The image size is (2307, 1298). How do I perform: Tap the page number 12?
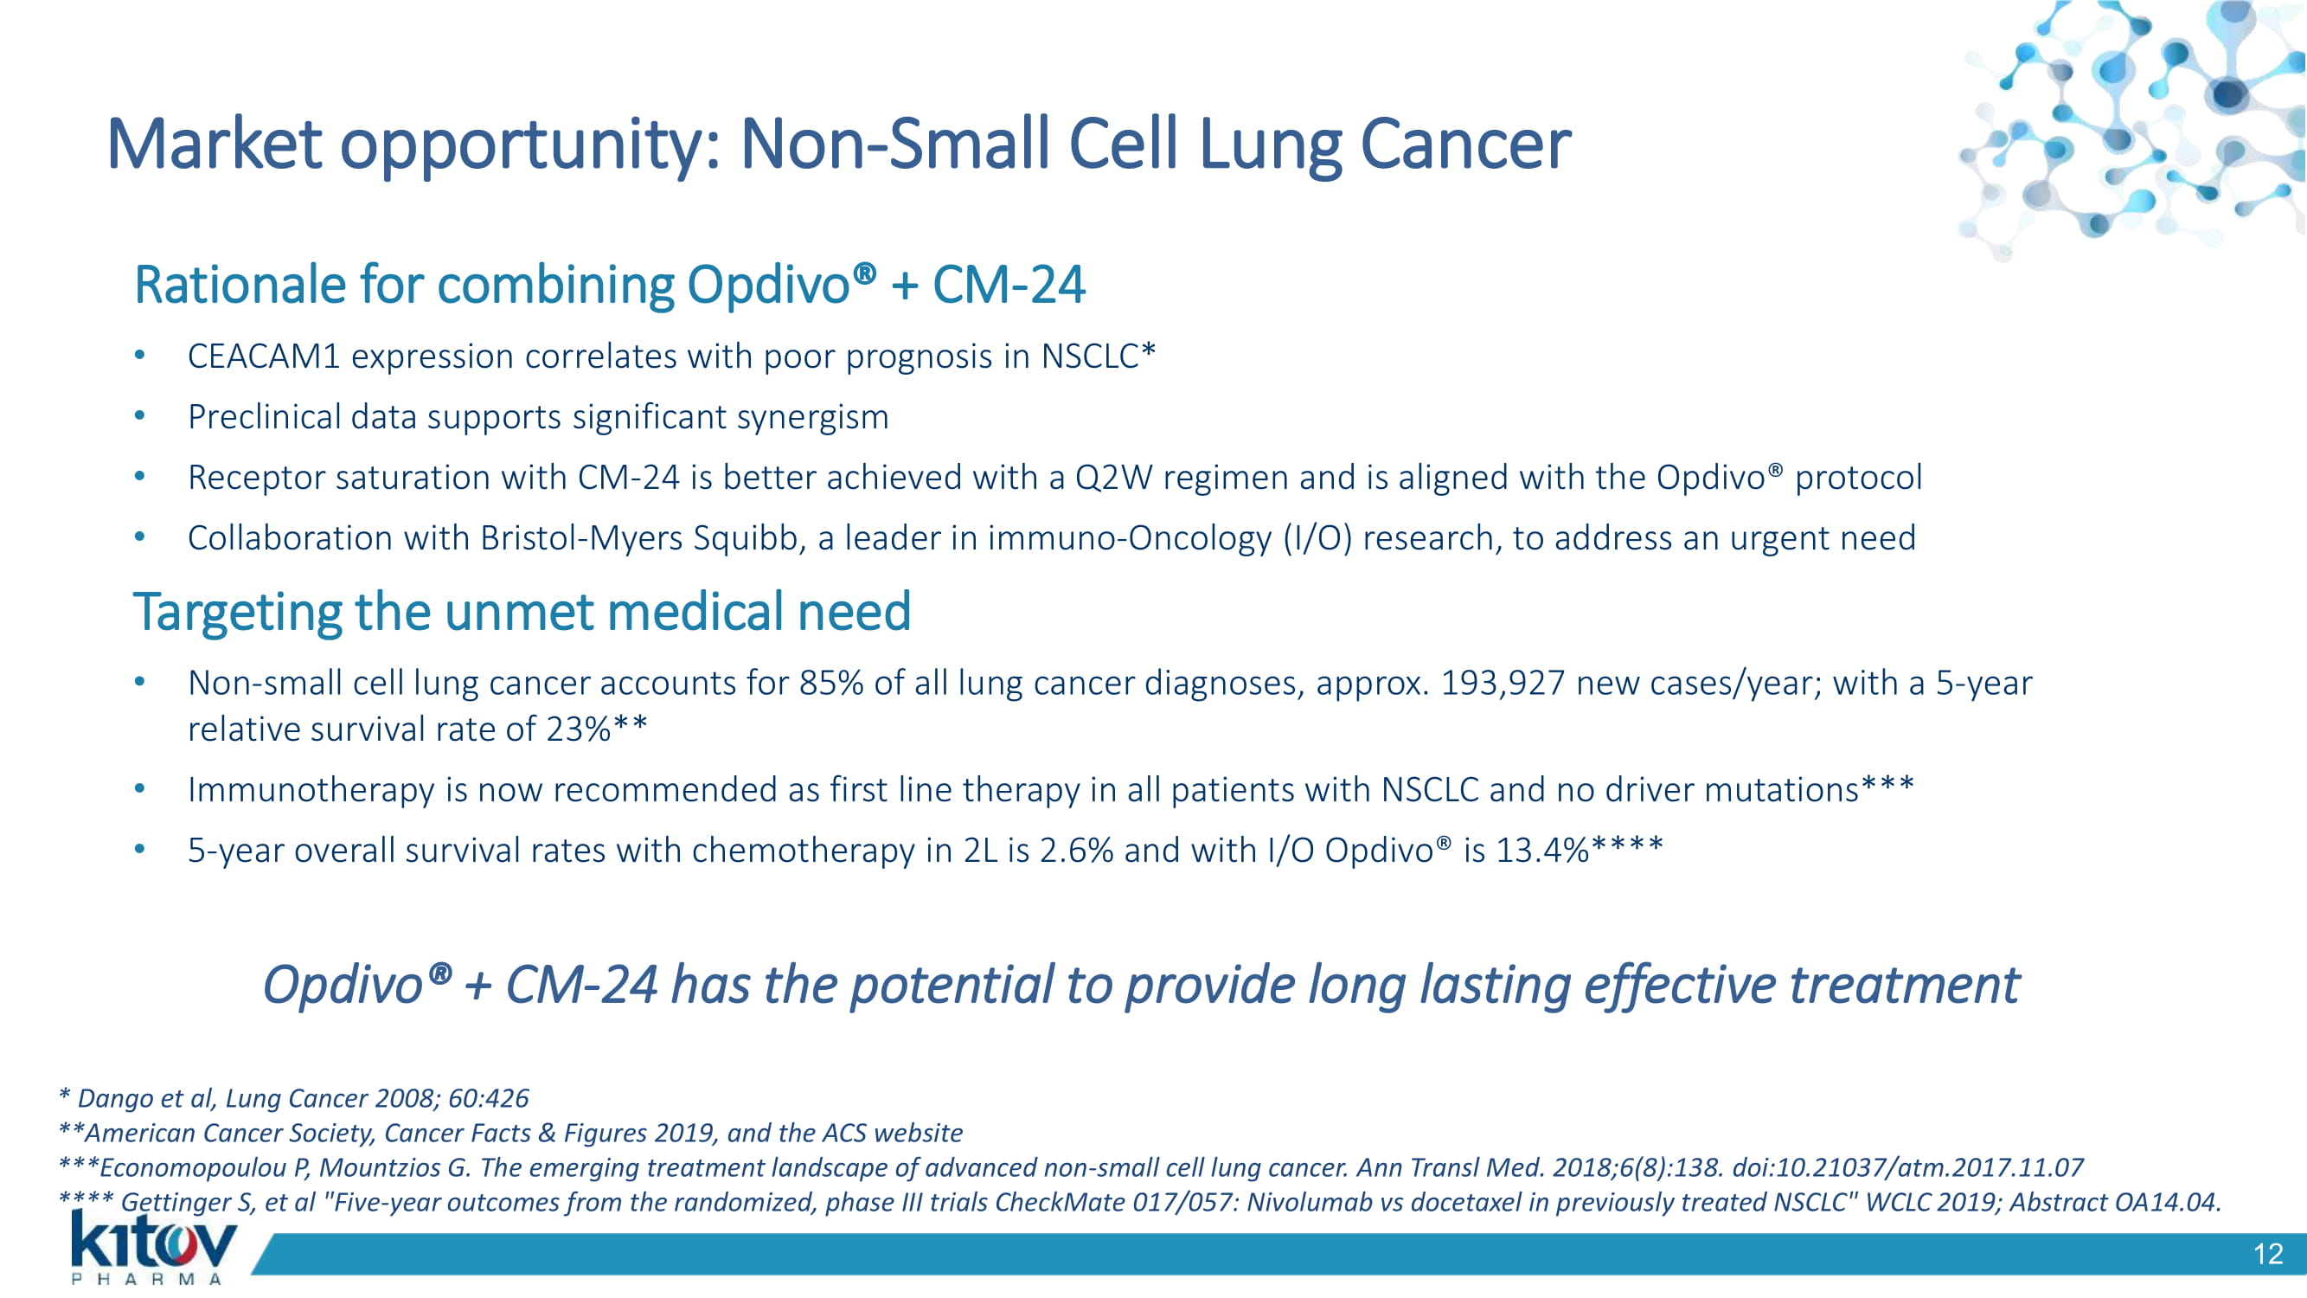pos(2267,1254)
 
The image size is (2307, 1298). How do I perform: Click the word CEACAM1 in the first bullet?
pos(264,357)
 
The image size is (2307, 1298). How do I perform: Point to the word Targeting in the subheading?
pos(237,613)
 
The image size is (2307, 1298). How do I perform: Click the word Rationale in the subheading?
pos(240,285)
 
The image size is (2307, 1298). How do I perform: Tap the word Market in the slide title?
pos(214,145)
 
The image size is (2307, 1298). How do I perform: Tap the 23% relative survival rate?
pos(579,729)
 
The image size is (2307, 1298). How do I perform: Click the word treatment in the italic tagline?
pos(1904,986)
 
